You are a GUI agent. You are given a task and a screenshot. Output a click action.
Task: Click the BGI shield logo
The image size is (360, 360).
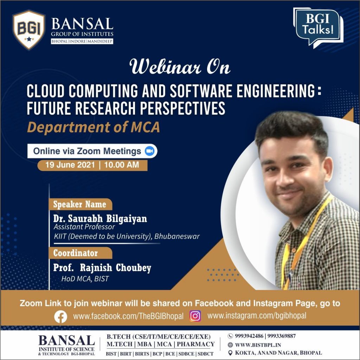coord(29,30)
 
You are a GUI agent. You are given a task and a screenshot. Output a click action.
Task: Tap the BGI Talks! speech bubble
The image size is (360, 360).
coord(318,27)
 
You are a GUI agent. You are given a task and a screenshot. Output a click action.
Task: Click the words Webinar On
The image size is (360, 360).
coord(180,67)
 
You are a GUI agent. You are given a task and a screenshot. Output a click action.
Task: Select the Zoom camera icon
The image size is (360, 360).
coord(150,151)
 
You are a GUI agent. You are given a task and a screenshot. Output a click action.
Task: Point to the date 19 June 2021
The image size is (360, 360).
coord(70,165)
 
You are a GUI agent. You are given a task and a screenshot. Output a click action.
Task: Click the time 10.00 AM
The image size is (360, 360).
coord(121,165)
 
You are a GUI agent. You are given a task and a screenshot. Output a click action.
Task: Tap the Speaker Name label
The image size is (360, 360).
coord(80,204)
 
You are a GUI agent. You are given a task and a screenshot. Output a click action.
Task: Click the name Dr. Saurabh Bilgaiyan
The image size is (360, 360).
coord(100,219)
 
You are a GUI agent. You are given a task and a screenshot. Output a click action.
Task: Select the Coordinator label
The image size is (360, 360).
coord(76,253)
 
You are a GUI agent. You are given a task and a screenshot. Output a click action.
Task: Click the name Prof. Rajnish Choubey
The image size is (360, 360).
coord(102,268)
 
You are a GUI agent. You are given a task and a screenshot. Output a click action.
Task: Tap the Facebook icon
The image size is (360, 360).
coord(60,317)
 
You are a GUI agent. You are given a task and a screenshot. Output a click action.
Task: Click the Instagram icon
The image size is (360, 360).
coord(195,316)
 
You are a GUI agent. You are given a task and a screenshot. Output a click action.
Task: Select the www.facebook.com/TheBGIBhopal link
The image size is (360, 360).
coord(128,316)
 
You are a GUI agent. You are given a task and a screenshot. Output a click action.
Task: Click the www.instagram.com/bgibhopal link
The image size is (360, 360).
coord(257,316)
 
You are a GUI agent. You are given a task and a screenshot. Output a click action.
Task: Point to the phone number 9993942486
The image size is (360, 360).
coord(249,336)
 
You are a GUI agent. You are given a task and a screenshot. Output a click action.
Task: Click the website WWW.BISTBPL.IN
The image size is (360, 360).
coord(258,345)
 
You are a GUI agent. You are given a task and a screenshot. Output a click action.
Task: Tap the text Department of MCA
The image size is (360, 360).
coord(93,127)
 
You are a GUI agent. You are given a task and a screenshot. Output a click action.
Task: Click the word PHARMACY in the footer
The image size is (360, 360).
coord(195,344)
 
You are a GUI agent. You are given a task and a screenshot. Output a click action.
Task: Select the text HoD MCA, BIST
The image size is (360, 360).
coord(85,279)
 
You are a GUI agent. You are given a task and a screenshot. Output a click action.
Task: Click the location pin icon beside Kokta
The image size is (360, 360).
coord(230,353)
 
